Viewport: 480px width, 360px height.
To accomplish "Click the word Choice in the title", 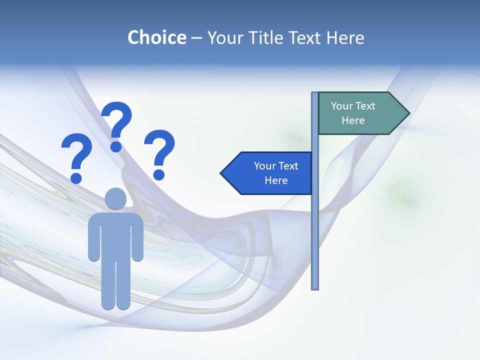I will tap(156, 37).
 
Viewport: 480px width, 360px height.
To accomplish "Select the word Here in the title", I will tap(345, 37).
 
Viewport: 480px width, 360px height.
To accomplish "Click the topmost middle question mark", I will tap(117, 125).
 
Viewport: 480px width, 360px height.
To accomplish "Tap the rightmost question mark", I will tap(159, 154).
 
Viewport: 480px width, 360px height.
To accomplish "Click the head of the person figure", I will tap(115, 198).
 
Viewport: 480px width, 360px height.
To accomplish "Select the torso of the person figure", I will tap(115, 235).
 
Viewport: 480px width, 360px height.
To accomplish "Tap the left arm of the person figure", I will tap(93, 237).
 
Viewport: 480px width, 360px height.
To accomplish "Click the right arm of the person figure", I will tap(137, 237).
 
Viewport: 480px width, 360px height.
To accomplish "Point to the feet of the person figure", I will tap(115, 304).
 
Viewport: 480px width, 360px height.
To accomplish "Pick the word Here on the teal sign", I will tap(353, 120).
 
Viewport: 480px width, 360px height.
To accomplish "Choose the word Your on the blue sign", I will tap(264, 166).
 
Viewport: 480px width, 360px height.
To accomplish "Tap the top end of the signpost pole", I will tap(315, 94).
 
